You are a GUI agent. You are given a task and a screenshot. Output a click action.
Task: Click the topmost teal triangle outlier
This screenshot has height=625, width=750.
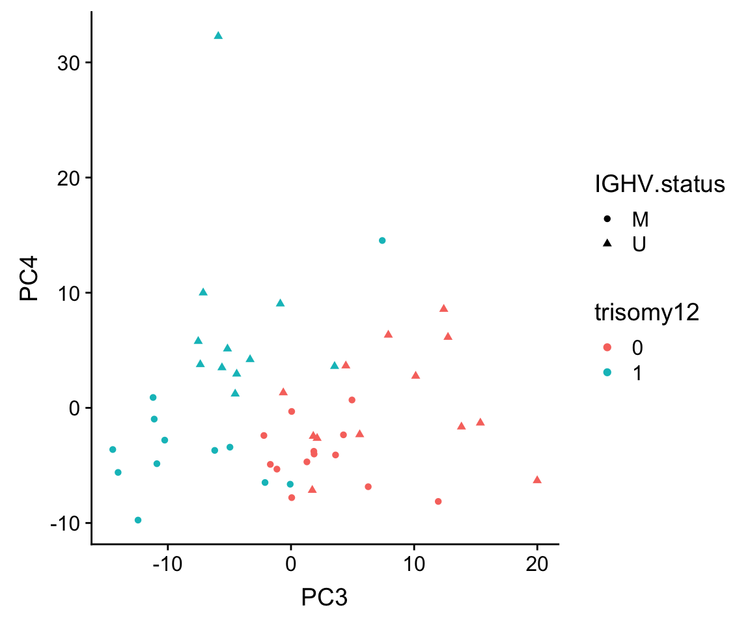pyautogui.click(x=218, y=36)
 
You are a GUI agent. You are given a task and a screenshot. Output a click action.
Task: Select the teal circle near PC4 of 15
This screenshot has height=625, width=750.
pyautogui.click(x=382, y=240)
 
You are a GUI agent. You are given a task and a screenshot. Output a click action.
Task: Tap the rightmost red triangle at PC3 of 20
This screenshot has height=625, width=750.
pyautogui.click(x=537, y=480)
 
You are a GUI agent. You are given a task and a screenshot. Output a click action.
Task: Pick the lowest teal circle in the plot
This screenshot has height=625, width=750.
pyautogui.click(x=138, y=520)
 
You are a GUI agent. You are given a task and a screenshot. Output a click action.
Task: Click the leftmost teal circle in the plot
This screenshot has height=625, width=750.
pyautogui.click(x=113, y=449)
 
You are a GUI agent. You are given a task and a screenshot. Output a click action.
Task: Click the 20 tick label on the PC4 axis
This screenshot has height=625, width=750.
pyautogui.click(x=66, y=178)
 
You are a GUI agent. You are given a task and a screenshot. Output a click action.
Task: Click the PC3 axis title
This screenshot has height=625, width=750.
pyautogui.click(x=324, y=596)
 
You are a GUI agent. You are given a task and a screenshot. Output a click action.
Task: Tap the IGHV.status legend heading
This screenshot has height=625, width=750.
pyautogui.click(x=660, y=185)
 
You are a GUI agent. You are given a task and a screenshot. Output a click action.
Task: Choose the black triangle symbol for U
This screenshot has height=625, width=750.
pyautogui.click(x=607, y=243)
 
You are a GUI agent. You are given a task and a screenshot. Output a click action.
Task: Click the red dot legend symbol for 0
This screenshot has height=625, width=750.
pyautogui.click(x=607, y=348)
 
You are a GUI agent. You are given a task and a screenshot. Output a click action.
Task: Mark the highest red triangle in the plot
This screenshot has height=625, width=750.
pyautogui.click(x=444, y=308)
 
